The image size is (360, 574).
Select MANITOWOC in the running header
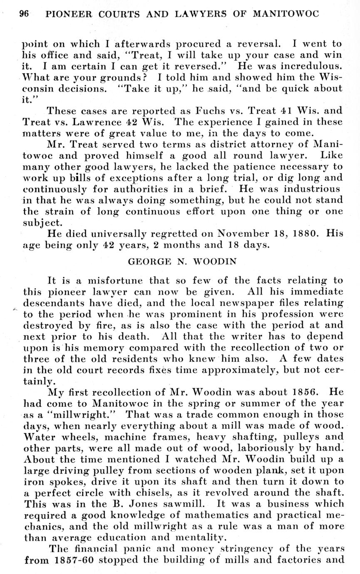(286, 14)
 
